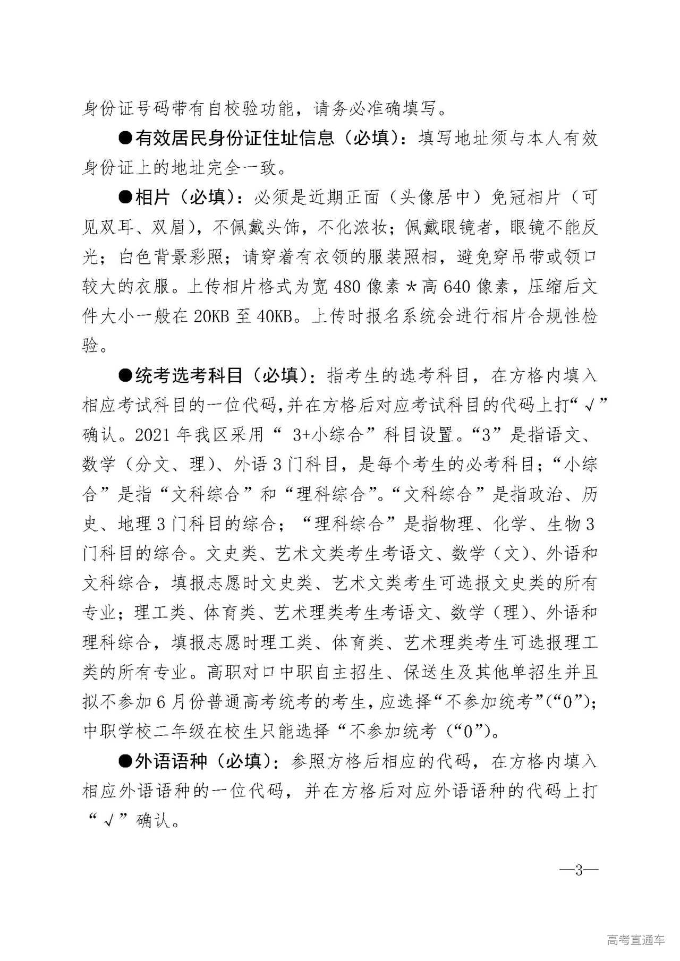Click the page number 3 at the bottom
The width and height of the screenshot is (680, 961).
579,871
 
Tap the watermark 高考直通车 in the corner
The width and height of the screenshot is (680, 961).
635,941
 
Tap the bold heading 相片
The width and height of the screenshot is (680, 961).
152,198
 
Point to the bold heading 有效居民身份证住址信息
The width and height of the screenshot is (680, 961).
234,139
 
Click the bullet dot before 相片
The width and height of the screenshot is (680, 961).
125,198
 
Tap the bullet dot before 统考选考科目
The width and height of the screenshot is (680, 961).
125,376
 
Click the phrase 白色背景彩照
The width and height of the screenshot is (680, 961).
171,258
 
